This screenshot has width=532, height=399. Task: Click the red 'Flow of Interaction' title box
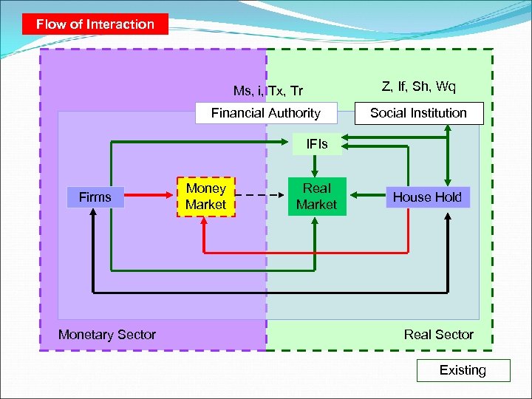coord(95,24)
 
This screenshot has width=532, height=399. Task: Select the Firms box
coord(95,197)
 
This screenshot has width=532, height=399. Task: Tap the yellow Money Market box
coord(205,197)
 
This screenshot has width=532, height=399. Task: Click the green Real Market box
coord(316,197)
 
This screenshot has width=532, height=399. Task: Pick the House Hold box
coord(427,197)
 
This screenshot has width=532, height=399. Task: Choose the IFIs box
coord(316,144)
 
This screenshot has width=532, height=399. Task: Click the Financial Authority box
coord(265,113)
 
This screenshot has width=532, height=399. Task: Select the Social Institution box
coord(418,113)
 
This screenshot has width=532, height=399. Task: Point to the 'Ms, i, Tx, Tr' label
coord(267,91)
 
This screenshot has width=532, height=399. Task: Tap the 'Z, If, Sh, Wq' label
coord(418,87)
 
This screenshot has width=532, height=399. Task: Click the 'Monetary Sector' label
coord(107,335)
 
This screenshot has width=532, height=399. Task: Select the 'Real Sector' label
coord(438,335)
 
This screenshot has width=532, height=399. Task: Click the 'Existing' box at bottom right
coord(463,370)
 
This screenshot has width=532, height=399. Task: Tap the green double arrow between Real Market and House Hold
coord(366,196)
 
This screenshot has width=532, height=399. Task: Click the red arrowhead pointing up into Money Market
coord(205,222)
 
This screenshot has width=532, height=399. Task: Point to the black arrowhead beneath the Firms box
coord(94,214)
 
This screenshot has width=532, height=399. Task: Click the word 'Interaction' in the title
coord(120,24)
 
